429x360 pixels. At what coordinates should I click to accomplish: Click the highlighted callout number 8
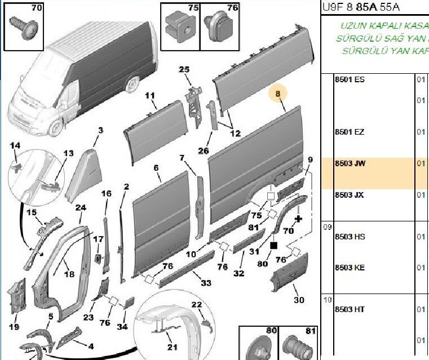(x=278, y=95)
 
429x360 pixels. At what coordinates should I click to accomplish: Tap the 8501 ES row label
(x=350, y=79)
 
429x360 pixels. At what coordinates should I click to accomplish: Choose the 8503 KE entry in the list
(x=350, y=268)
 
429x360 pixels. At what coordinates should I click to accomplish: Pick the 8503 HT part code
(x=350, y=309)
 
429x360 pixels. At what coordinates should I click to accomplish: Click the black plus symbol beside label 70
(x=299, y=218)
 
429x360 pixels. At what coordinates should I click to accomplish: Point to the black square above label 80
(x=274, y=246)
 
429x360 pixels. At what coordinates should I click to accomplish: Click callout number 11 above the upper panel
(x=149, y=96)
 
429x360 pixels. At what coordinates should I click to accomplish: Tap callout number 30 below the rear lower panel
(x=299, y=300)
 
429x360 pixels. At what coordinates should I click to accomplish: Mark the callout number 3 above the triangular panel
(x=100, y=131)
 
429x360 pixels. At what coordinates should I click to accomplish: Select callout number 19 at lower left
(x=14, y=327)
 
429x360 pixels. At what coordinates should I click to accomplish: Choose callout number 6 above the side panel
(x=156, y=168)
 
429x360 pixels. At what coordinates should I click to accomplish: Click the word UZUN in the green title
(x=352, y=26)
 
